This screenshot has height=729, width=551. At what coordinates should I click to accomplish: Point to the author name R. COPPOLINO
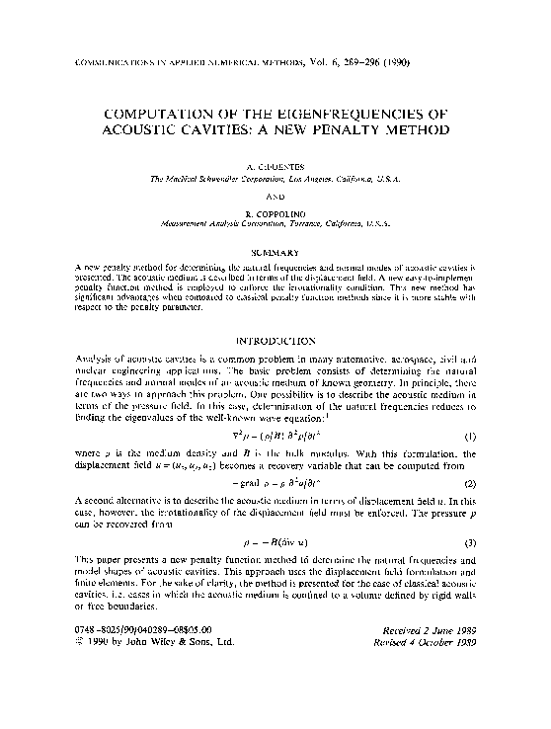click(275, 213)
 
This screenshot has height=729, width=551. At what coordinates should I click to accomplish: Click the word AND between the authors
click(275, 196)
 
